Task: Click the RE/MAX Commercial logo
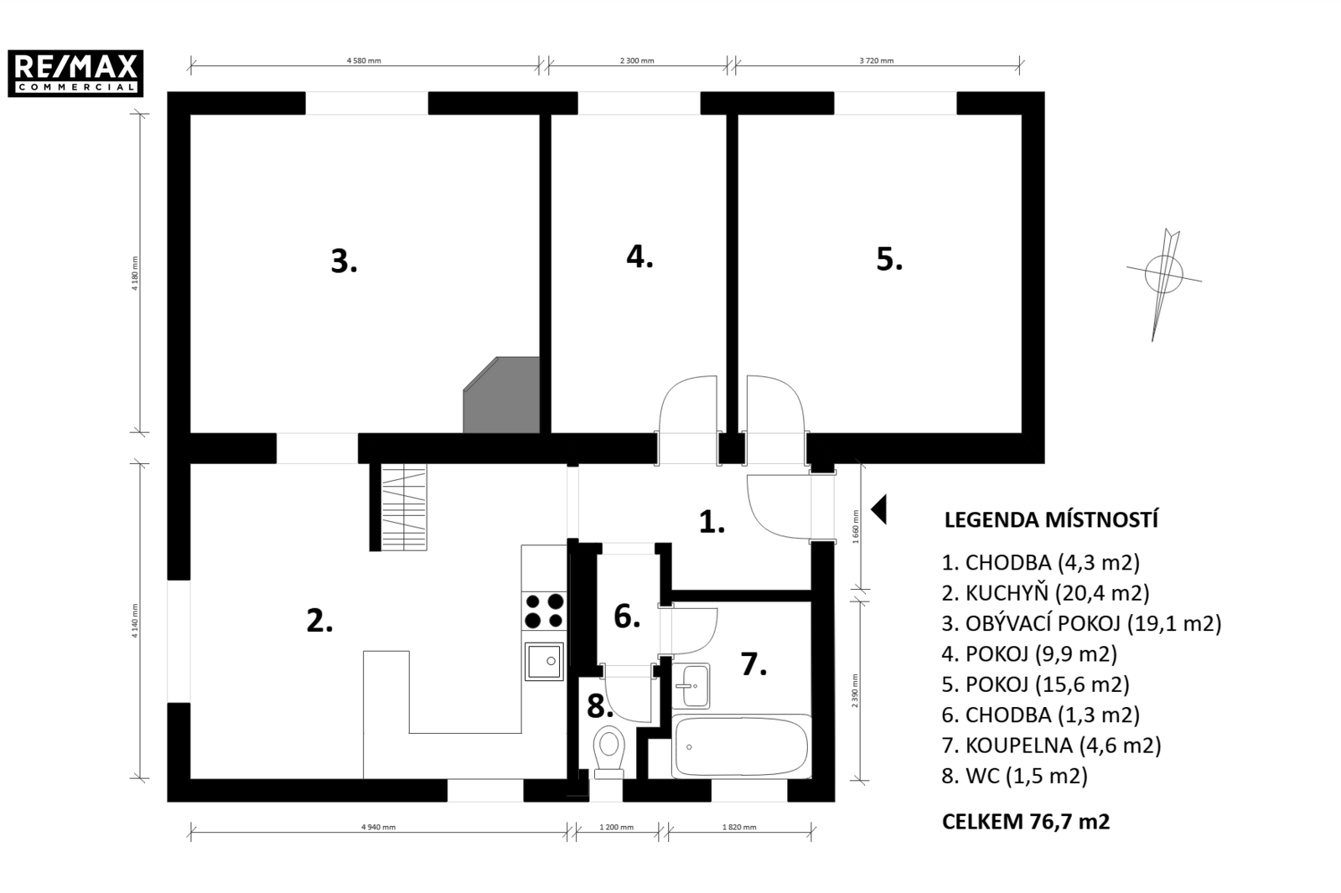point(75,73)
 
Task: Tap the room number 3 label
point(344,261)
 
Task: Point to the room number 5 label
point(889,259)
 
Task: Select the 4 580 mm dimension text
point(364,60)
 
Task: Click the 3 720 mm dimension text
point(877,60)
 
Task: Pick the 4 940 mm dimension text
point(378,827)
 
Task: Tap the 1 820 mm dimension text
point(739,827)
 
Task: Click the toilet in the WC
point(609,752)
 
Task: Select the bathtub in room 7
point(741,747)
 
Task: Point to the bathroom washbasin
point(691,686)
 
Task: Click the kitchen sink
point(544,661)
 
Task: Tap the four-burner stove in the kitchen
point(544,611)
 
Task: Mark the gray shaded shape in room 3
point(502,395)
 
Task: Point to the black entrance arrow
point(878,510)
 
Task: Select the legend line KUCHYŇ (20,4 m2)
point(1046,593)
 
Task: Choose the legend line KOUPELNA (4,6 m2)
point(1051,746)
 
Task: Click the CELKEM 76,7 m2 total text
point(1026,822)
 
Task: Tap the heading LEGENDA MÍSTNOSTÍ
point(1051,520)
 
